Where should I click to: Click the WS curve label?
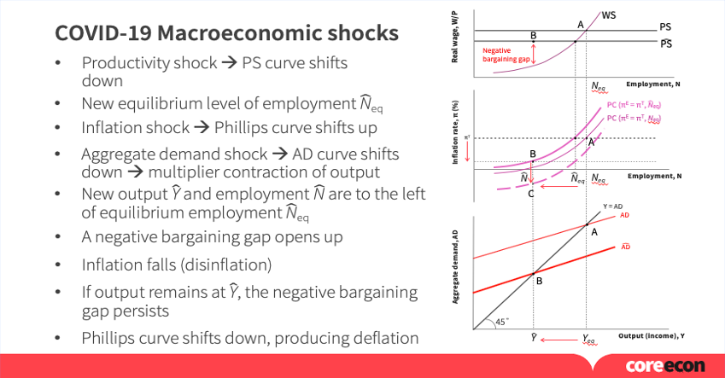(x=608, y=15)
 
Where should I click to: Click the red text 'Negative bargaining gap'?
(x=503, y=55)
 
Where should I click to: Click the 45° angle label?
(x=501, y=322)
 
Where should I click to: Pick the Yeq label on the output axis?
(x=589, y=339)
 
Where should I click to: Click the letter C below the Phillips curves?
(x=531, y=194)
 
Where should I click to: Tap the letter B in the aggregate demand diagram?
(x=539, y=280)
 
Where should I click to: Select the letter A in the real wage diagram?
(x=581, y=24)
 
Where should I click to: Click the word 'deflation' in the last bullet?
(x=382, y=338)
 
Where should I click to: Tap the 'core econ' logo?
(x=665, y=366)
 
